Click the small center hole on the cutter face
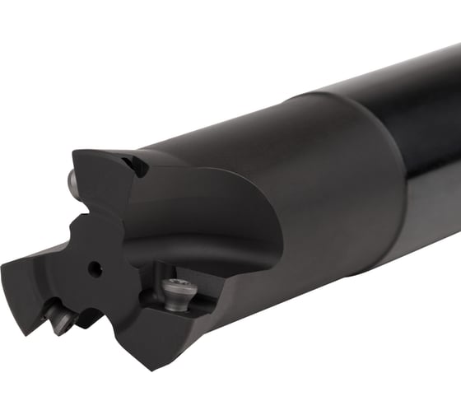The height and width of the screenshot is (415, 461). (x=95, y=268)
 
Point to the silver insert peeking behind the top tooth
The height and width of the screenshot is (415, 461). (x=72, y=179)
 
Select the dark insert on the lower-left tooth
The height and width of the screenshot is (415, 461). (x=60, y=318)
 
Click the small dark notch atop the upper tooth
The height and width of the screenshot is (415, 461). (x=137, y=166)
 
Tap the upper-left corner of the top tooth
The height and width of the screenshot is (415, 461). (x=74, y=152)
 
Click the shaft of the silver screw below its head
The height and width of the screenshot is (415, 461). (x=175, y=306)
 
